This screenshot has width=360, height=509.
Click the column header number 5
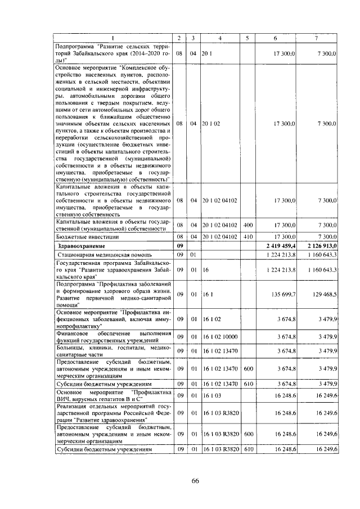246,38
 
